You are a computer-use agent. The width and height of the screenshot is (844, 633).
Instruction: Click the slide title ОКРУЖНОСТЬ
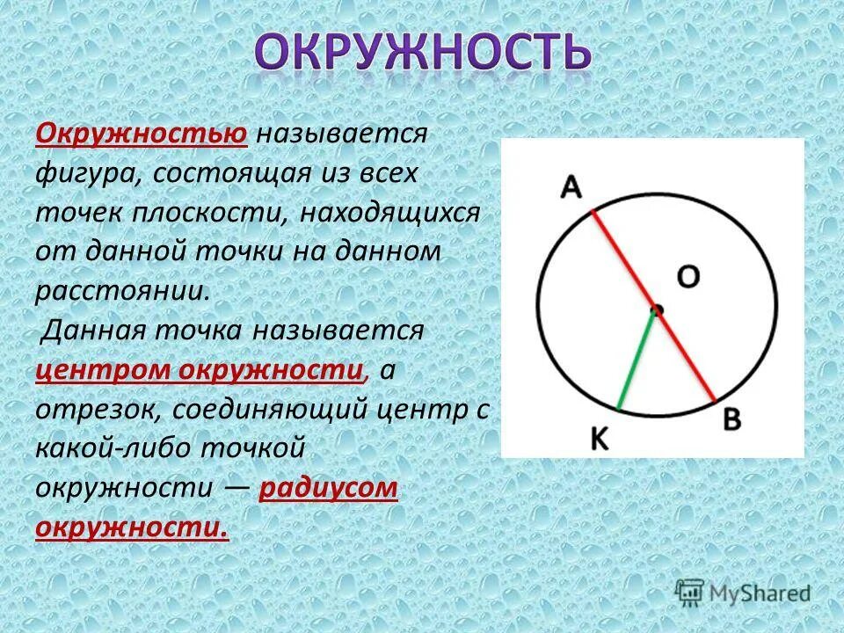point(423,54)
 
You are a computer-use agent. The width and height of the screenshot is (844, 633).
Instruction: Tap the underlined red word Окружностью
point(141,135)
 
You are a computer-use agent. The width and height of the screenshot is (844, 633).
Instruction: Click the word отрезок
point(96,409)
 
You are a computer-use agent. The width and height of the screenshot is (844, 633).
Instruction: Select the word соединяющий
point(269,409)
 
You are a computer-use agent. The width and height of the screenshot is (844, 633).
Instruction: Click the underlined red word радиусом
point(329,487)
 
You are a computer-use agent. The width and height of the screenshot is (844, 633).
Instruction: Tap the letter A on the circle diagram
point(572,187)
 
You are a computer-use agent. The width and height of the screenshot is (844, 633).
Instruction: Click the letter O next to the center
point(688,278)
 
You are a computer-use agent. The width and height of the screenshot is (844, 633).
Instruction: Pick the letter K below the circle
point(600,439)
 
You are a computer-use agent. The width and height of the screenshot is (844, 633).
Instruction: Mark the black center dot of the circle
point(656,309)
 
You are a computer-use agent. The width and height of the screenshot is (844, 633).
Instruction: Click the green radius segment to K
point(637,360)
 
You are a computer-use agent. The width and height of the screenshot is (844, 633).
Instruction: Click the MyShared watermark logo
point(743,592)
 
